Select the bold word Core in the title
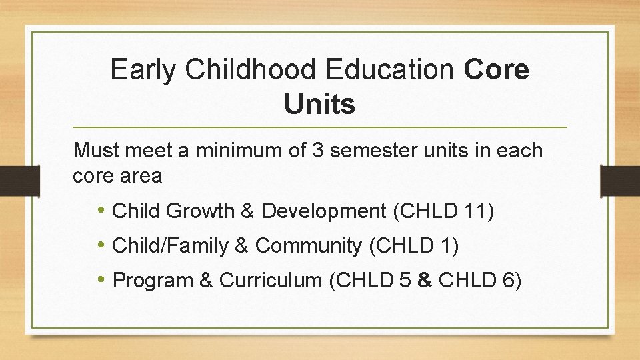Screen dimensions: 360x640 tap(497, 70)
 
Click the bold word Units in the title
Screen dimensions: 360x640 tap(319, 105)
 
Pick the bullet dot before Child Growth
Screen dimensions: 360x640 tap(101, 211)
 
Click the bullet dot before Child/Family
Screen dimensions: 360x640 tap(101, 246)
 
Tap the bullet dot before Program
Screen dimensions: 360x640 tap(101, 281)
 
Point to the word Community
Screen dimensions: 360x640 tap(309, 246)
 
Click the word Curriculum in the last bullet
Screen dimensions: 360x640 tap(271, 281)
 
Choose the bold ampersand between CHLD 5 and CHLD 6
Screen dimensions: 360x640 tap(424, 281)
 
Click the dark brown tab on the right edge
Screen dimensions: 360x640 tap(620, 181)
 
